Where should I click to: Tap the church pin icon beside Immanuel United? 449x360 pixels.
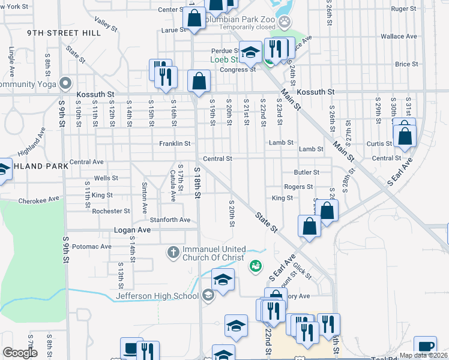173,252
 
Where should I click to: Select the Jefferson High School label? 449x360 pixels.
157,295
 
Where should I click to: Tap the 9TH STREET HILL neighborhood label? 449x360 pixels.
64,33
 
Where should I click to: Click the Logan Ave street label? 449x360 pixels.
132,230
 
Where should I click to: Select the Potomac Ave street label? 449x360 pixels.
91,247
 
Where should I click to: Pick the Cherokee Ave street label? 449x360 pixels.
39,199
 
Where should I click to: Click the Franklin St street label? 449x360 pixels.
175,144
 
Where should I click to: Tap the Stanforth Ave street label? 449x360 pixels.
170,220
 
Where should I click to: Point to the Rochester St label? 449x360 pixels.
110,211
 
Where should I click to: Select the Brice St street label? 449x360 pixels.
406,64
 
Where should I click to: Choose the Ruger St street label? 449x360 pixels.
404,9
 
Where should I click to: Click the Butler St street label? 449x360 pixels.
307,172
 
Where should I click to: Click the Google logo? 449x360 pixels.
19,353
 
